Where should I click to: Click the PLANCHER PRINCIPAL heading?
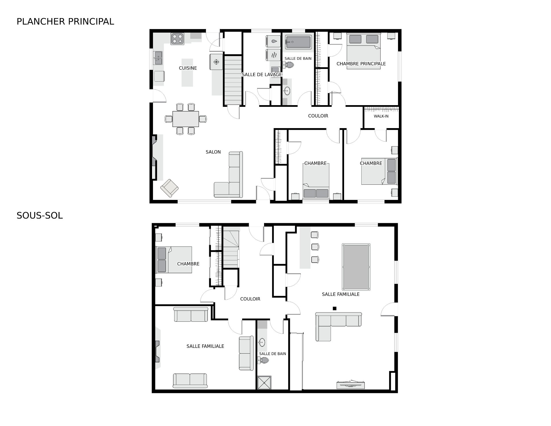[65, 22]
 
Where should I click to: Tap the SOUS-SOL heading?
[40, 216]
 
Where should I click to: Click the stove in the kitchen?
[177, 39]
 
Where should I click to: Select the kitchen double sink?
[158, 58]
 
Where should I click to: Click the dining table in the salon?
[186, 119]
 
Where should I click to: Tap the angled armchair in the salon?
[169, 188]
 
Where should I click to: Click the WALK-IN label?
[381, 116]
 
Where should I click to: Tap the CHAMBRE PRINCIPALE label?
[361, 64]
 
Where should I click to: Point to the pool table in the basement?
[356, 267]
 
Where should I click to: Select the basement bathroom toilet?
[263, 361]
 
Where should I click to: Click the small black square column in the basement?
[334, 309]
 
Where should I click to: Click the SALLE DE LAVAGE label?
[262, 75]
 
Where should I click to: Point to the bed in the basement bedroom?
[174, 260]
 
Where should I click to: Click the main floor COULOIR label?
[318, 116]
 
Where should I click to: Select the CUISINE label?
[188, 68]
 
